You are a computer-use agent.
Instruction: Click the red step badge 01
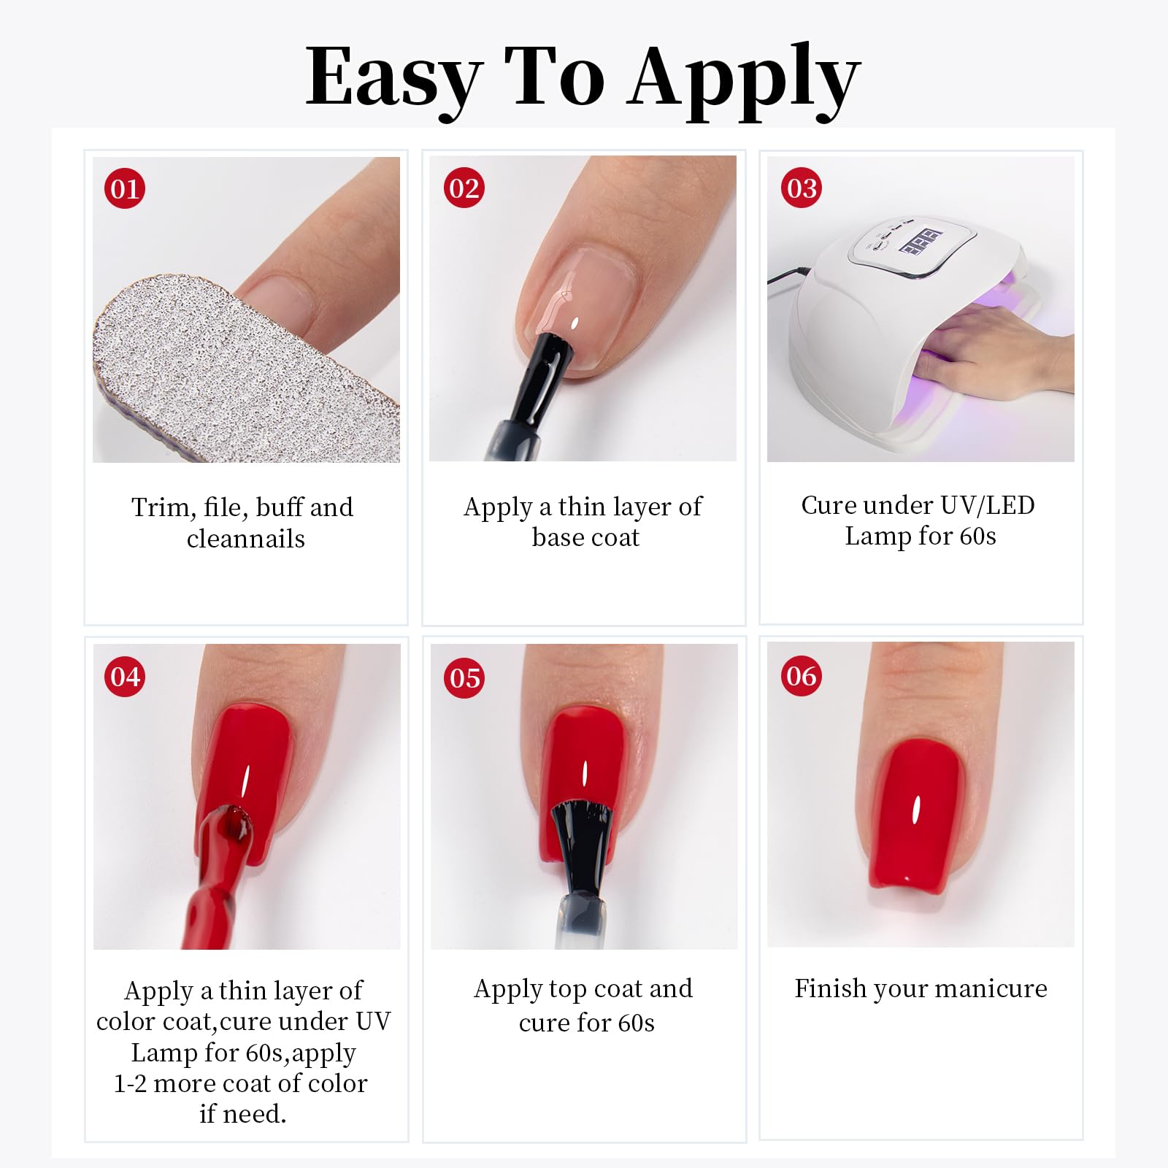pyautogui.click(x=125, y=188)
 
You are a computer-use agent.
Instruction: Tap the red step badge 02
pyautogui.click(x=464, y=188)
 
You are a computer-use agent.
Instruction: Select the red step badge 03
pyautogui.click(x=802, y=188)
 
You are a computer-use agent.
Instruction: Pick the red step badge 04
pyautogui.click(x=125, y=676)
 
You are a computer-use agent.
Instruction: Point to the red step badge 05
pyautogui.click(x=465, y=677)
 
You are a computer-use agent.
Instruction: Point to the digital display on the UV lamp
pyautogui.click(x=920, y=242)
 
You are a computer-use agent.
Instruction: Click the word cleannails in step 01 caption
pyautogui.click(x=246, y=539)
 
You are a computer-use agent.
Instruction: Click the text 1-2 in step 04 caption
pyautogui.click(x=131, y=1083)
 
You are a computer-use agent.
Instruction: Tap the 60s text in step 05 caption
pyautogui.click(x=636, y=1023)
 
